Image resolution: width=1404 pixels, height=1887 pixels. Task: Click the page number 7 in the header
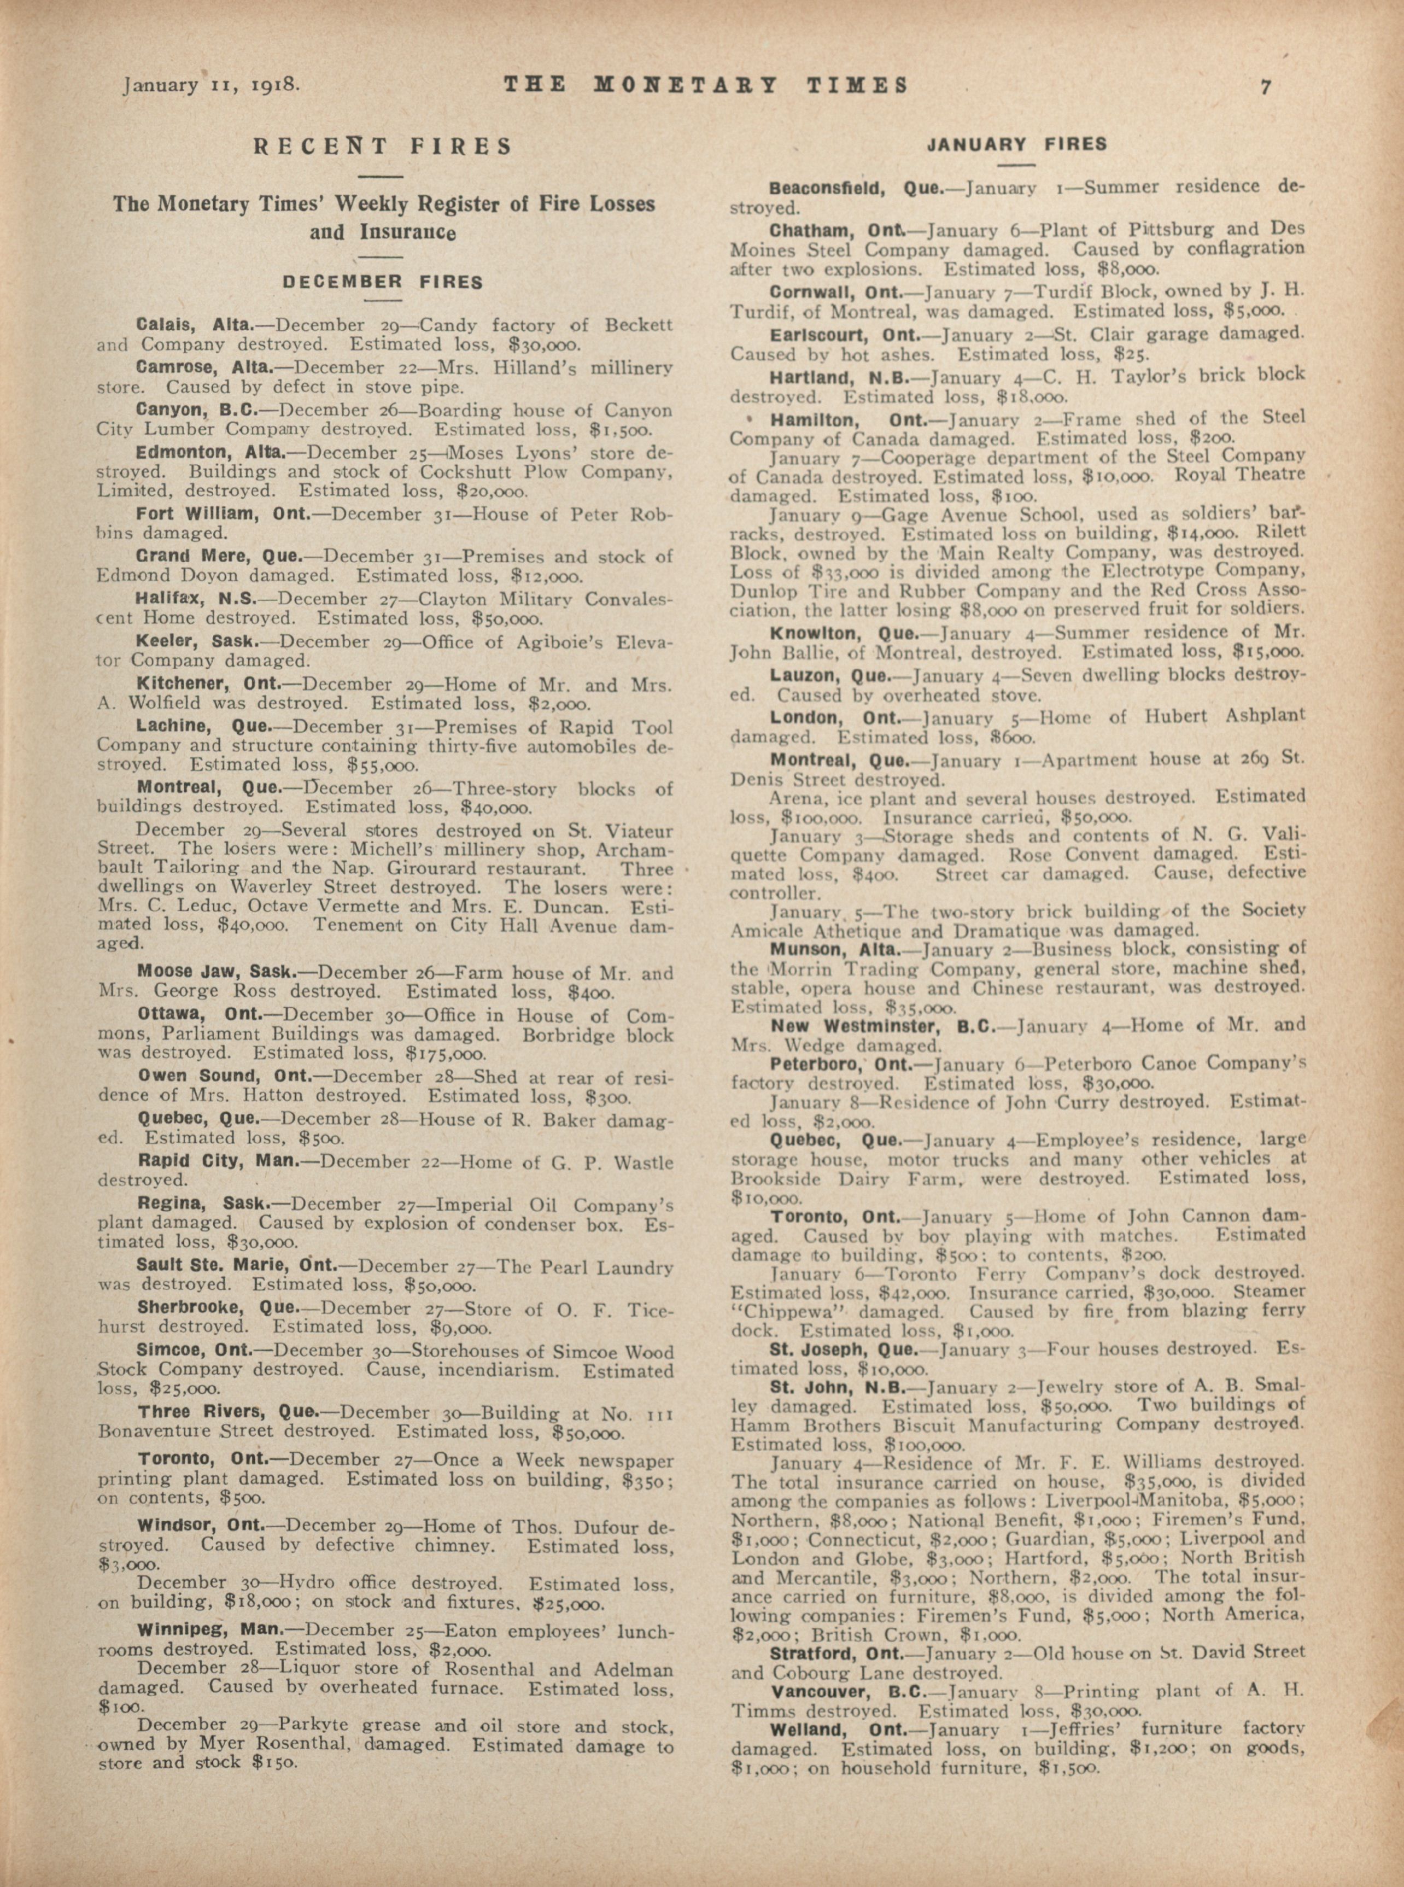pyautogui.click(x=1266, y=86)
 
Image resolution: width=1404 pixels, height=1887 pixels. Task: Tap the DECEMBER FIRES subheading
pyautogui.click(x=383, y=282)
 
